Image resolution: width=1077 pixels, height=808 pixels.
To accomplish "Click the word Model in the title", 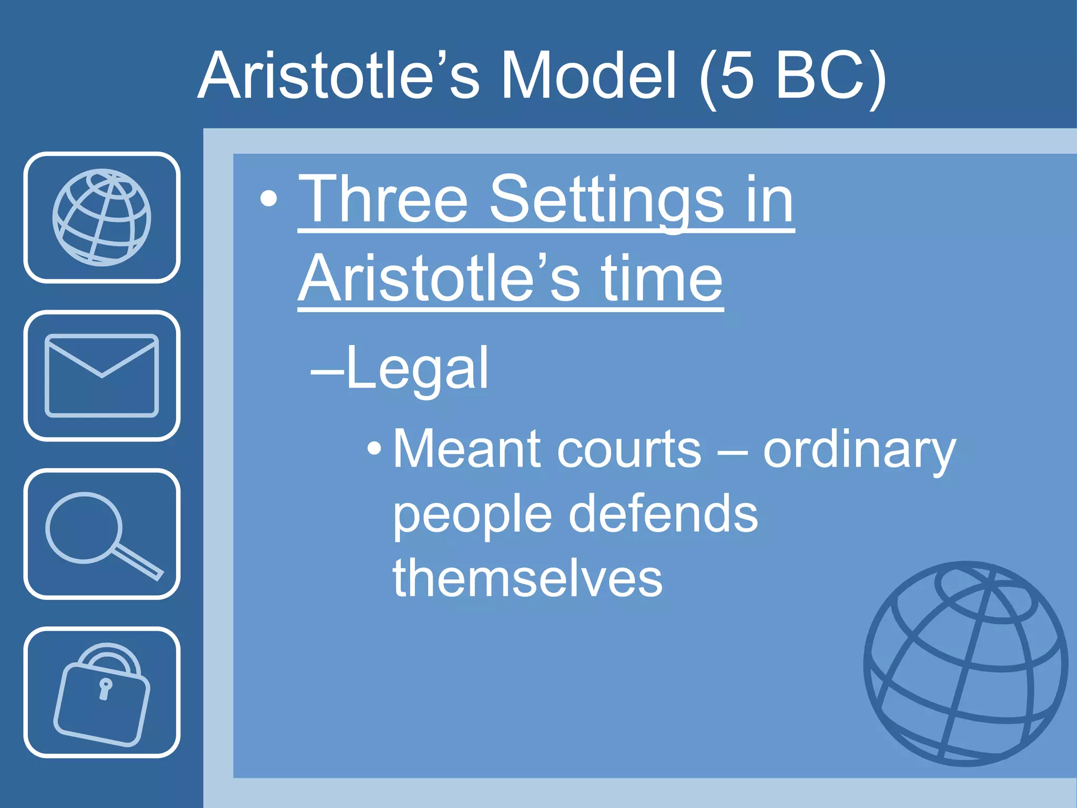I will click(x=588, y=76).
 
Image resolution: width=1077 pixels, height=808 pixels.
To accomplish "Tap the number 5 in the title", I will click(x=736, y=76).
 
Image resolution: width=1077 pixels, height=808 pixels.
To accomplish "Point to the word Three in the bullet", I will click(x=383, y=200).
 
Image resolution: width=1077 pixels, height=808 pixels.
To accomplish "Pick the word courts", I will click(x=629, y=450).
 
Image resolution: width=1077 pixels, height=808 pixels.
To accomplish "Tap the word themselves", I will click(x=527, y=578).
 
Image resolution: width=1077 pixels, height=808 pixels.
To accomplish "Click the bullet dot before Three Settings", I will click(x=269, y=199).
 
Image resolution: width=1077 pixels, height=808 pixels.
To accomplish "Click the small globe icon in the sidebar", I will click(x=101, y=217).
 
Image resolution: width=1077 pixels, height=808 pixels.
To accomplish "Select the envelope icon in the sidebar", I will click(x=101, y=376).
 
